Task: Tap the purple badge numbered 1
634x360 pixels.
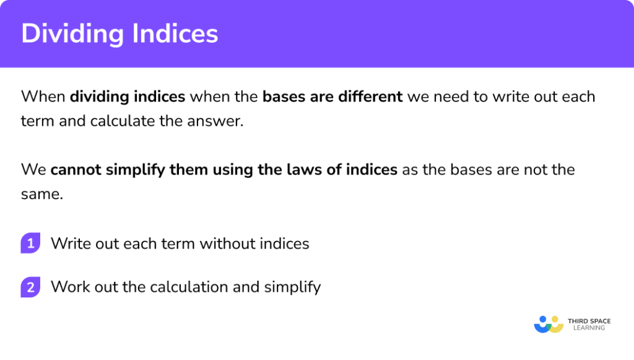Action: click(30, 244)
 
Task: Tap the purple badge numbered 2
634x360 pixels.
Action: click(30, 287)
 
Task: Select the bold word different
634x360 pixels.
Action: click(371, 97)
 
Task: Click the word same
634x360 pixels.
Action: click(41, 193)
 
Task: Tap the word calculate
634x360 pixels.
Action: click(128, 121)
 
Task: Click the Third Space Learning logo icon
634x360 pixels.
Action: click(548, 324)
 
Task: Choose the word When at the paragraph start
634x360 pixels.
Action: click(42, 97)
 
